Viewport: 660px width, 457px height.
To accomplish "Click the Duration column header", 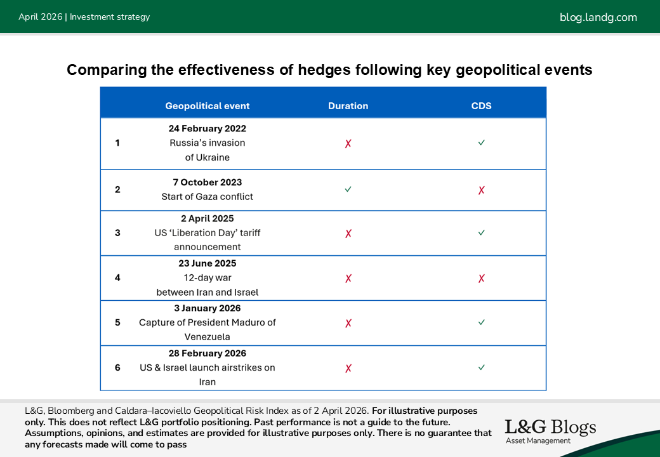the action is (348, 106).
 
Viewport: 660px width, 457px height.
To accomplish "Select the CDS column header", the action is (481, 106).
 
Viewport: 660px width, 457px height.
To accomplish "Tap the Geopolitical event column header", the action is (207, 106).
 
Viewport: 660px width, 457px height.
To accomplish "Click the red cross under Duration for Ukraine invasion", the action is (348, 143).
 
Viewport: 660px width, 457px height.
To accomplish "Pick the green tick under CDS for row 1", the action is (482, 143).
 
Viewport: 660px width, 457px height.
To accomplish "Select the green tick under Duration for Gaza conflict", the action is (348, 189).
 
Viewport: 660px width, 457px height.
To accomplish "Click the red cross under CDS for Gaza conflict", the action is (482, 190).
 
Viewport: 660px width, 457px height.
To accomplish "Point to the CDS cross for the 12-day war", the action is (482, 278).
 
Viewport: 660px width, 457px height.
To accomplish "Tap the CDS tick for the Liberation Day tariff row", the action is (482, 232).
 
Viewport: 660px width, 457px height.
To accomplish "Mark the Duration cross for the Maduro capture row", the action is (348, 323).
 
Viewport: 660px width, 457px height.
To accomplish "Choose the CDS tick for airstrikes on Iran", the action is (482, 368).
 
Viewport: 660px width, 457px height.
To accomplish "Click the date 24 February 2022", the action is (207, 128).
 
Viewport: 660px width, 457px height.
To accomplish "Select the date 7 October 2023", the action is (207, 182).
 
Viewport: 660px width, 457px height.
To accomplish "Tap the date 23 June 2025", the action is (207, 263).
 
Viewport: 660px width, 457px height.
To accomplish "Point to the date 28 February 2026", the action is (207, 354).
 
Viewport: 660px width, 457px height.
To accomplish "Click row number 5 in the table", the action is (117, 323).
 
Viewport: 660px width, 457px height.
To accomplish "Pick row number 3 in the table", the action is (117, 233).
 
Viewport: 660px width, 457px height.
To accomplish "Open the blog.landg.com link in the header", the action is (598, 17).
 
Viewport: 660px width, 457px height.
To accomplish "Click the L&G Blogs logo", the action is (551, 432).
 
